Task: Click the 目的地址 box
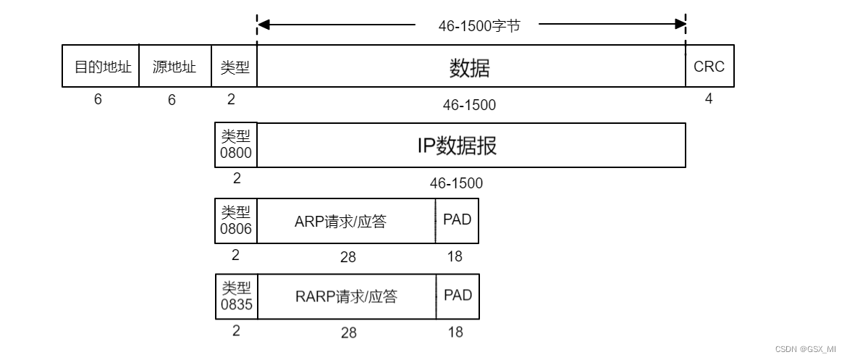point(100,67)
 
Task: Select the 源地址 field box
point(174,67)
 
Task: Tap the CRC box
point(709,67)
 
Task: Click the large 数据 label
point(470,68)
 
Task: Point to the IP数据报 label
point(457,146)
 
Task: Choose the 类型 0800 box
point(236,145)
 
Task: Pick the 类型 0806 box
point(236,221)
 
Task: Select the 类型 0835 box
point(237,296)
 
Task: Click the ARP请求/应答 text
point(340,221)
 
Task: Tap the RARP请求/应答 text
point(346,296)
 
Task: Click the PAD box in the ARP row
point(457,220)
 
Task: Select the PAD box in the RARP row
point(458,296)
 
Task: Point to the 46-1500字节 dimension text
point(479,25)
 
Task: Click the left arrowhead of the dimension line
point(264,25)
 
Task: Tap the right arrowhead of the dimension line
point(680,25)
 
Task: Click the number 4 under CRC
point(709,99)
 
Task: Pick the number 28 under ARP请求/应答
point(347,257)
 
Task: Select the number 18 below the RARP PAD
point(455,332)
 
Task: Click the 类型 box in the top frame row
point(235,67)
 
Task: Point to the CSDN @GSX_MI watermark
point(805,348)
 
